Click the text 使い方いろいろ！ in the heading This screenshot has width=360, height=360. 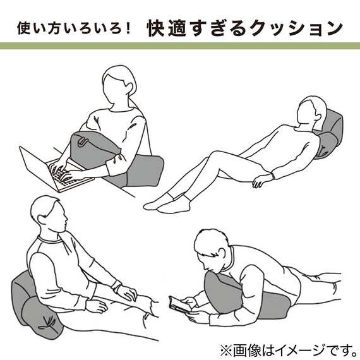click(x=73, y=28)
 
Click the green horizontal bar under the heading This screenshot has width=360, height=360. click(x=180, y=46)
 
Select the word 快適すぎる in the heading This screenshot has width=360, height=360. click(x=190, y=28)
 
